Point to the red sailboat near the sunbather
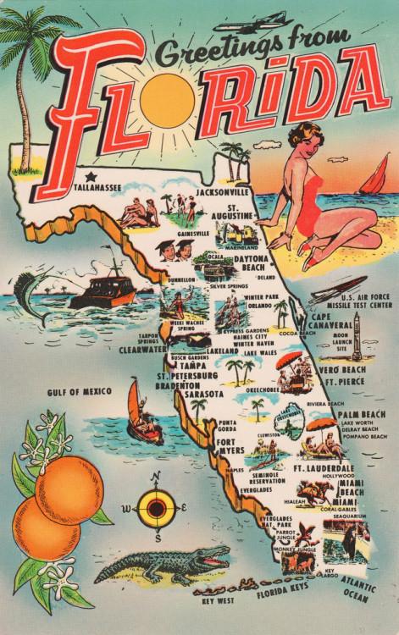pyautogui.click(x=371, y=179)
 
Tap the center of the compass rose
pyautogui.click(x=157, y=508)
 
